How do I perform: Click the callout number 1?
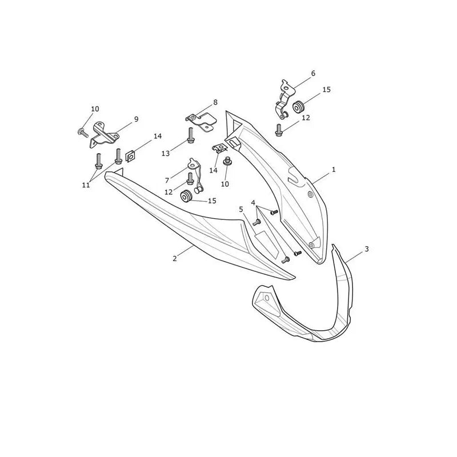click(334, 169)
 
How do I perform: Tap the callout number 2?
click(175, 258)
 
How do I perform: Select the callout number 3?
click(367, 249)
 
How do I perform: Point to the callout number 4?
click(253, 203)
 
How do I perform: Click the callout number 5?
click(240, 209)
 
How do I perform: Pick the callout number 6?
click(313, 73)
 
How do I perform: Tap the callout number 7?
click(167, 181)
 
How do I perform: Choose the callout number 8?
click(215, 102)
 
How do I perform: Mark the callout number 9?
click(136, 119)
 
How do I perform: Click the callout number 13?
click(166, 153)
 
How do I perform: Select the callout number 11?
click(86, 185)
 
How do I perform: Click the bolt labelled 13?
click(191, 135)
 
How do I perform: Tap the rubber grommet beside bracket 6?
click(298, 106)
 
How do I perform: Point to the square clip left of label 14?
click(130, 157)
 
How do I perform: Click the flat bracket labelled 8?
click(202, 122)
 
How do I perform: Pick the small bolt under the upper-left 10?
click(83, 133)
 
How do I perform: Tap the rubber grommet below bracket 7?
click(186, 195)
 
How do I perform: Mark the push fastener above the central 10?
click(226, 162)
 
